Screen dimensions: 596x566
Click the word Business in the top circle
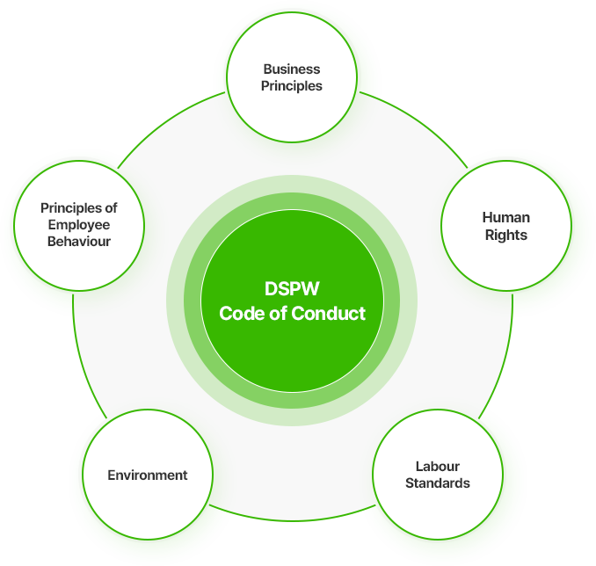coord(292,69)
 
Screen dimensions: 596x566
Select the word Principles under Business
coord(292,86)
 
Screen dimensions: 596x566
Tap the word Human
coord(506,217)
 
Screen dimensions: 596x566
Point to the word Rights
coord(506,236)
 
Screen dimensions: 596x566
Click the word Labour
coord(438,466)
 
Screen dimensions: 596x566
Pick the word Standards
coord(438,483)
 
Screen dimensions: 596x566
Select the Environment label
coord(148,475)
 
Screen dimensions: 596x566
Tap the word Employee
coord(79,225)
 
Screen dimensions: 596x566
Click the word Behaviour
coord(79,242)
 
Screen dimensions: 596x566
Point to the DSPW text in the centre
coord(292,288)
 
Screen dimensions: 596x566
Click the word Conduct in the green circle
coord(329,314)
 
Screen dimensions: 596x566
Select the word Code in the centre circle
coord(242,314)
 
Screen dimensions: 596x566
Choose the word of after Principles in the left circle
coord(112,208)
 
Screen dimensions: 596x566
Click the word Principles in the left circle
coord(71,208)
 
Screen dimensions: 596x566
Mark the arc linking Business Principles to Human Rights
coord(419,122)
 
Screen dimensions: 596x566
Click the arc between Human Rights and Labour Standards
coord(503,359)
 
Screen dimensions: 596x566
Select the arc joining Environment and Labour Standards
coord(292,520)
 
